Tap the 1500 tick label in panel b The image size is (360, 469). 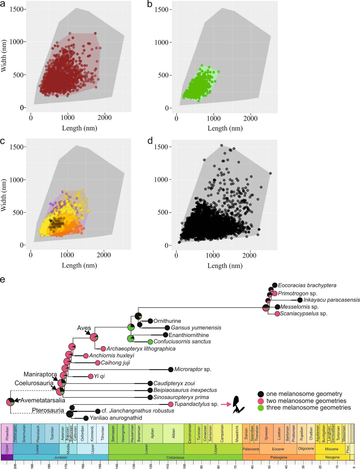(161, 10)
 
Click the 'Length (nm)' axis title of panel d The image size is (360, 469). (225, 266)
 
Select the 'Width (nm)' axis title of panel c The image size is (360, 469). (4, 196)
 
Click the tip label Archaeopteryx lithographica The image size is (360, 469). (141, 349)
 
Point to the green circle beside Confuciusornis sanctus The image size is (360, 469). (150, 342)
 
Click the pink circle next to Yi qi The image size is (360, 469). (91, 376)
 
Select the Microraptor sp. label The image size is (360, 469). (192, 369)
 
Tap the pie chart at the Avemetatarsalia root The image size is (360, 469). (11, 402)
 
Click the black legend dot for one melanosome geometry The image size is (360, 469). (261, 394)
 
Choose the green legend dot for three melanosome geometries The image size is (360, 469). (261, 408)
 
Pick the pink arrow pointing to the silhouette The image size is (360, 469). (226, 405)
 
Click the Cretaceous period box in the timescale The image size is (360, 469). (175, 458)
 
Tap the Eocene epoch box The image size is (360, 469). (278, 449)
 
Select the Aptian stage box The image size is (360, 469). (153, 433)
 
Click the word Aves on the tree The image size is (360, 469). (84, 328)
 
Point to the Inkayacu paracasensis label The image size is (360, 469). (331, 300)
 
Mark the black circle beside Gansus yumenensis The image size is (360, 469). (167, 328)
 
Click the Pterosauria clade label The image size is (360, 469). (48, 410)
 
